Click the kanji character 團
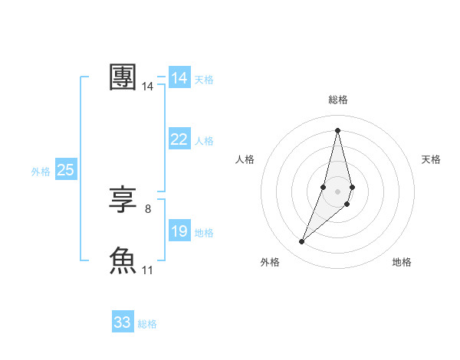123,78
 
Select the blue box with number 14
179,78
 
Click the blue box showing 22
179,139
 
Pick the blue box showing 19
179,231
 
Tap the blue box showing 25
65,170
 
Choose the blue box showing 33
123,322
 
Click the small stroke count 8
148,208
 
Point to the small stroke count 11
148,270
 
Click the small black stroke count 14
148,87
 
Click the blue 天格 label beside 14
204,79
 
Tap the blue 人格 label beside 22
204,141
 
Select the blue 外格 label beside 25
41,172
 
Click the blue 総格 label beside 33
147,324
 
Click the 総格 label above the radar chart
337,100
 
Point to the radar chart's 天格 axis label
431,159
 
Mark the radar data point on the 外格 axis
302,242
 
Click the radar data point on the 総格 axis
337,130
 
